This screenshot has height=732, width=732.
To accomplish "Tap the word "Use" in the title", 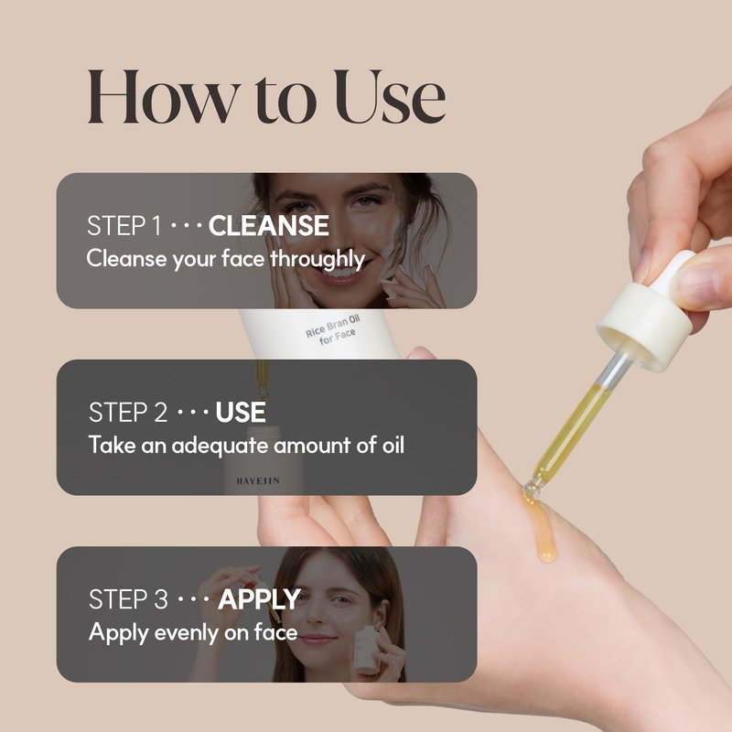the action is click(390, 97).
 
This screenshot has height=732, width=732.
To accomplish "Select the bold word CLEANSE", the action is click(269, 225).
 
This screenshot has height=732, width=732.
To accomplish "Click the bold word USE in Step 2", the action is click(241, 413).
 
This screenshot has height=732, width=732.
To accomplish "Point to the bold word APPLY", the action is click(260, 600).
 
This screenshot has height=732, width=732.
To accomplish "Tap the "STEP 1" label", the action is click(124, 226).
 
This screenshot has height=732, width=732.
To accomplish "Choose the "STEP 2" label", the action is click(128, 413).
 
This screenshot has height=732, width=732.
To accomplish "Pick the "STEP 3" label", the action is click(128, 599).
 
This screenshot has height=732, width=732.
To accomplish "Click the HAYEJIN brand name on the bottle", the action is click(258, 481).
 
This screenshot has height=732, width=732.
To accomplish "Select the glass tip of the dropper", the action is click(532, 489).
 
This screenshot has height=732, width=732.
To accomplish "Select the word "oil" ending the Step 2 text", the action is click(393, 445).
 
